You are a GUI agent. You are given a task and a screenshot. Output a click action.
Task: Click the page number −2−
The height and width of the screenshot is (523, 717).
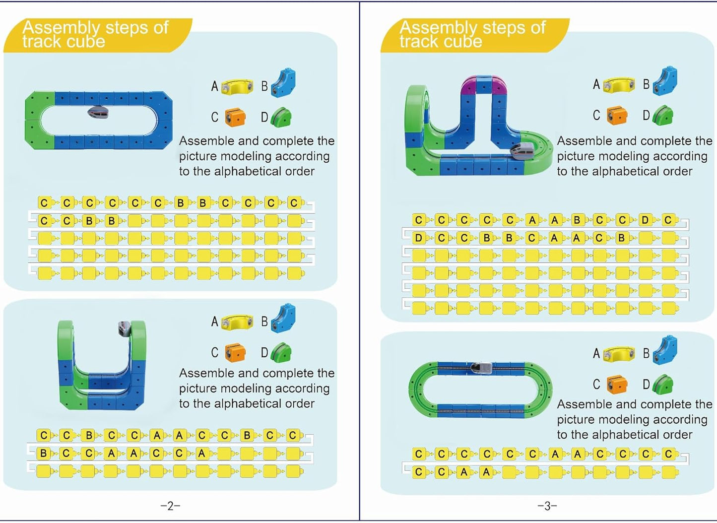tap(170, 506)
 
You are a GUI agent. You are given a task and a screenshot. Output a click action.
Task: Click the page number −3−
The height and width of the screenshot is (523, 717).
tap(547, 506)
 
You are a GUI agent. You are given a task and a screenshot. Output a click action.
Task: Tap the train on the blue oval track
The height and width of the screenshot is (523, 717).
tap(98, 113)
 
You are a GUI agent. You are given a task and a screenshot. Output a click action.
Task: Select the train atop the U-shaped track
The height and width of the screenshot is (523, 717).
tap(124, 328)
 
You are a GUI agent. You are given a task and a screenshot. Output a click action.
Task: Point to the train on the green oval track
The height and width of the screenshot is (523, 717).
tap(480, 368)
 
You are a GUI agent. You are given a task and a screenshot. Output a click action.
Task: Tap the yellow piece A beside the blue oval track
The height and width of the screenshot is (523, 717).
tap(237, 87)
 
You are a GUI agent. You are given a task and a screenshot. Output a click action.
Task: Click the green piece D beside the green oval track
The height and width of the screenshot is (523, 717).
tap(663, 385)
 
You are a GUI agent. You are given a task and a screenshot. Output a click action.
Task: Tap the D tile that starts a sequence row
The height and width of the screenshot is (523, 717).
tap(419, 238)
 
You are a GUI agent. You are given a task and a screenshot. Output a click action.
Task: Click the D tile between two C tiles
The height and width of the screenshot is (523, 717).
tap(645, 220)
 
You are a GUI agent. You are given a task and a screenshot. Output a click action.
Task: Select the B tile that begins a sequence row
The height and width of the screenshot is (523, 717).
tap(44, 453)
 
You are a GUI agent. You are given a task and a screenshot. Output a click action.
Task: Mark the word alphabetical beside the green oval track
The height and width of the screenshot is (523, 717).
tap(619, 435)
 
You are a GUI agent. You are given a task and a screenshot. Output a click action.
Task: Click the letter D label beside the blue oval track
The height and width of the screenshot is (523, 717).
tap(264, 118)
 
